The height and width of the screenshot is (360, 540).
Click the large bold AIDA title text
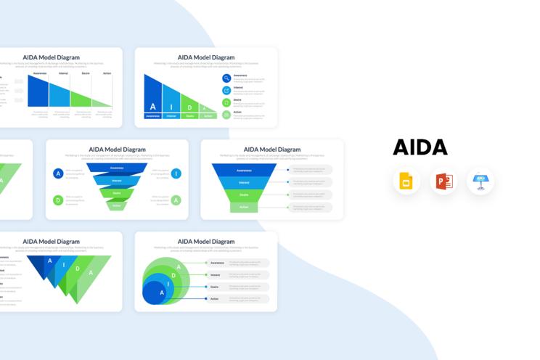tap(420, 147)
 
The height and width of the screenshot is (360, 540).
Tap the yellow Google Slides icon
tap(406, 181)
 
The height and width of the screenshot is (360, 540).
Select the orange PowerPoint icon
tap(443, 181)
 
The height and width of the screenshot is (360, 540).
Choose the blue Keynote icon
tap(480, 181)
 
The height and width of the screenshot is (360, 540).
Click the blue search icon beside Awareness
tap(226, 78)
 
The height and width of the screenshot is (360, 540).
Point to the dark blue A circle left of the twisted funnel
tap(58, 173)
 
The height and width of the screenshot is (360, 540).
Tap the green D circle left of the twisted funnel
tap(58, 200)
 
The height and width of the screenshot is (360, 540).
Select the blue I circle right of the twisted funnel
tap(176, 173)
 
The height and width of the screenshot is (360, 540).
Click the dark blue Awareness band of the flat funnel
tap(245, 170)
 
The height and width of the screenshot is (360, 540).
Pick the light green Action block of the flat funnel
tap(245, 207)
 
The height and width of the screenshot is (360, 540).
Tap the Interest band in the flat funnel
tap(245, 182)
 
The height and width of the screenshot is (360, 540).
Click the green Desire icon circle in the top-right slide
tap(226, 102)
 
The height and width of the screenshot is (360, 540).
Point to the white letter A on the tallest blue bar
tap(152, 107)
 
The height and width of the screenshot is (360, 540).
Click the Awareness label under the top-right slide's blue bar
tap(152, 115)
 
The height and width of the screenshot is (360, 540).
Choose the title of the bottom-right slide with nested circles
tap(206, 241)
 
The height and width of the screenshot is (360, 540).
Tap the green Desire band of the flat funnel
tap(245, 195)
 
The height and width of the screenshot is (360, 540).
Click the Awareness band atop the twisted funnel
tap(117, 168)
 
